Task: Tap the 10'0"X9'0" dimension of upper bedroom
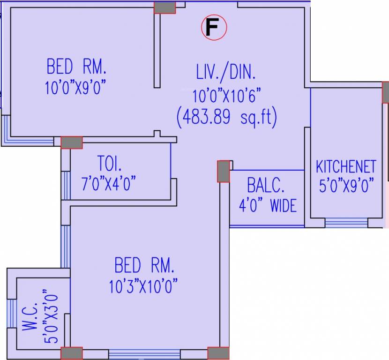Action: click(76, 88)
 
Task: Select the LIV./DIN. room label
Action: click(226, 73)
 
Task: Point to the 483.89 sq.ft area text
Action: click(226, 117)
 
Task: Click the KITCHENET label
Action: click(346, 166)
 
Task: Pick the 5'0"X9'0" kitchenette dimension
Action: click(346, 186)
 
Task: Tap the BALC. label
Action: click(266, 186)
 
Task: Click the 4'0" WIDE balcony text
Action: click(268, 205)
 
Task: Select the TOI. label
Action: click(109, 165)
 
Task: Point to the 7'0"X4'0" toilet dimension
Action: click(109, 184)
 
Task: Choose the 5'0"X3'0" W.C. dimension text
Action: click(53, 317)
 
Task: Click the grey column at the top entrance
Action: click(165, 7)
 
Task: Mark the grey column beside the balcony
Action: click(224, 171)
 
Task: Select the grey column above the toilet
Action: click(71, 142)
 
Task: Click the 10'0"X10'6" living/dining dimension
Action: click(226, 96)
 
